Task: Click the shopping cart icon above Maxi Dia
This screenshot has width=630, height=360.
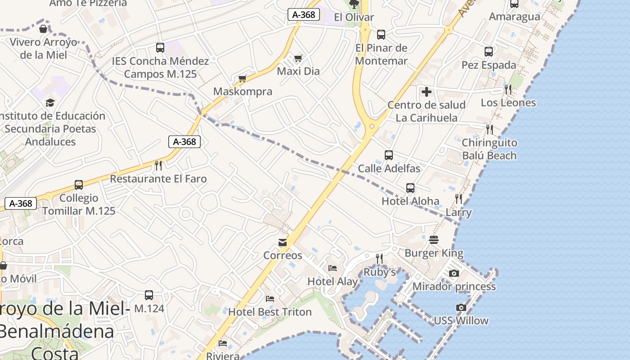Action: tap(298, 58)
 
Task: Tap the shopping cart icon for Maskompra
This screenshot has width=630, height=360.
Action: tap(243, 79)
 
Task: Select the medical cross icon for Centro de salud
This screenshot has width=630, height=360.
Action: tap(426, 92)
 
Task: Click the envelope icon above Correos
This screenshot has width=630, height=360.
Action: tap(283, 243)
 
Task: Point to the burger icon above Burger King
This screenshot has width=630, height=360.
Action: tap(434, 240)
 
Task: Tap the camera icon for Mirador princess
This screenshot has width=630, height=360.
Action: tap(454, 273)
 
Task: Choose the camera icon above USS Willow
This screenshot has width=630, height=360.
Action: tap(461, 308)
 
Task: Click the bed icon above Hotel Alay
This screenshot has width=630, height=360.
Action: tap(333, 269)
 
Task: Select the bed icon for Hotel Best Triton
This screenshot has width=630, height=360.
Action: tap(270, 299)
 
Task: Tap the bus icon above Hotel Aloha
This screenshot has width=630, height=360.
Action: tap(410, 188)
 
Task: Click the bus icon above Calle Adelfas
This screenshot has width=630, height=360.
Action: tap(389, 155)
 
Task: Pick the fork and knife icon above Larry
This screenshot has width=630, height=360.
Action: tap(459, 199)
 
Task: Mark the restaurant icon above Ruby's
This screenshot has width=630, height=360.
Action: tap(379, 258)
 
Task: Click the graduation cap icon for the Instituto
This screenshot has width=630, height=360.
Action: tap(50, 103)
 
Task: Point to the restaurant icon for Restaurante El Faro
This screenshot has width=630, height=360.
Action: tap(158, 166)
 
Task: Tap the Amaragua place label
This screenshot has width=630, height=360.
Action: tap(514, 17)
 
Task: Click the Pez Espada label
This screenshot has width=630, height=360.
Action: tap(489, 65)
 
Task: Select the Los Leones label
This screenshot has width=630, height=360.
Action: tap(508, 103)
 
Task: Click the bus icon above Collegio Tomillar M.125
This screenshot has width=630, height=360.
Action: tap(79, 185)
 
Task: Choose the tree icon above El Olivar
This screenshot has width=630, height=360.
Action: tap(354, 4)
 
